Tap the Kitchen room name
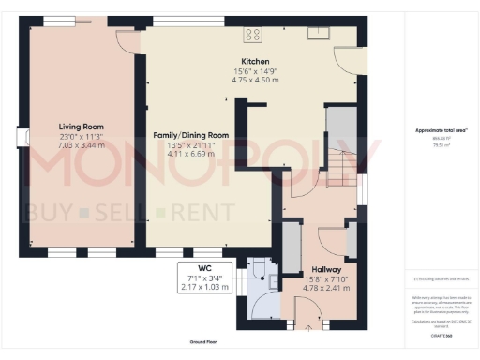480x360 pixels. tap(249, 61)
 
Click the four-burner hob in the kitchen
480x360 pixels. tap(253, 35)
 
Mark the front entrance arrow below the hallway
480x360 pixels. tap(308, 328)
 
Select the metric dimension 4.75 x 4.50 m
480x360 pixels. tap(249, 80)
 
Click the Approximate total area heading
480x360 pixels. tap(441, 130)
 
